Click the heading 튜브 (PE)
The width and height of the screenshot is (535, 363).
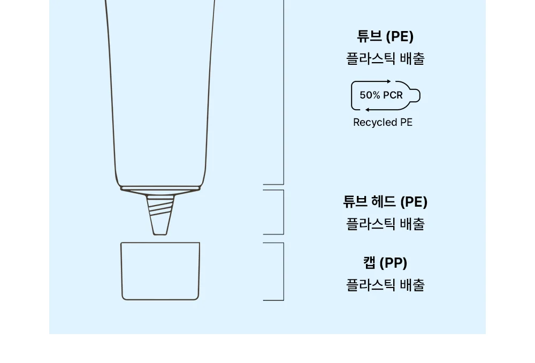[385, 36]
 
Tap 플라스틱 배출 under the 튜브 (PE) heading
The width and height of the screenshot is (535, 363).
[385, 58]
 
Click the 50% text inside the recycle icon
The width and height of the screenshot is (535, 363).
[370, 95]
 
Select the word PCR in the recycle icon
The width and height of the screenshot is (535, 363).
[393, 95]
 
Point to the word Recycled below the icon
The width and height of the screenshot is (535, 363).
[375, 122]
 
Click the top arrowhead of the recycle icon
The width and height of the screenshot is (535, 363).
[389, 81]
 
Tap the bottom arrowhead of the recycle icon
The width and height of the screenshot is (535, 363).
[367, 110]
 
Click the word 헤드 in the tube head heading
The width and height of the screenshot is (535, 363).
[384, 201]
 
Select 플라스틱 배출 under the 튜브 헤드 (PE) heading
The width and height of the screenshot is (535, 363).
[385, 224]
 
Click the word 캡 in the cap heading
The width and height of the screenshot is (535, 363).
[369, 263]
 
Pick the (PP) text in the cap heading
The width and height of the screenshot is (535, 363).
[393, 263]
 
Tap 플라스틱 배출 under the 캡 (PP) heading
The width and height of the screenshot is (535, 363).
[385, 285]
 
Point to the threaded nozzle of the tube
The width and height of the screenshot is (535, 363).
[160, 215]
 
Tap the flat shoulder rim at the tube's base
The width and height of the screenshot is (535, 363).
[160, 188]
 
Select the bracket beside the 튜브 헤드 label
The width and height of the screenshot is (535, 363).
[284, 212]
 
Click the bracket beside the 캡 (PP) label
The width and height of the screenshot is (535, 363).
[284, 271]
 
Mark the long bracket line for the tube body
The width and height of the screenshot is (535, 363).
[284, 92]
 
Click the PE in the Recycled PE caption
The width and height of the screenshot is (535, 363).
[406, 122]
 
